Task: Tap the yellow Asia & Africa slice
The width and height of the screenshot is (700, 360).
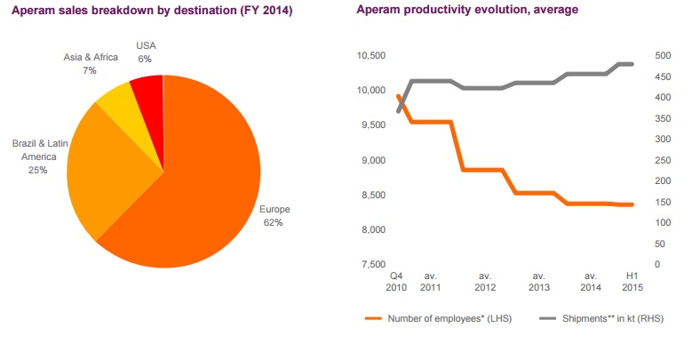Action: pos(115,102)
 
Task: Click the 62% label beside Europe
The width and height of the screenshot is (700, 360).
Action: pos(273,222)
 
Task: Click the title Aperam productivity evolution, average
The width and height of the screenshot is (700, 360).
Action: pos(466,10)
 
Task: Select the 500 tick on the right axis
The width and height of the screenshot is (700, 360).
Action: pos(664,56)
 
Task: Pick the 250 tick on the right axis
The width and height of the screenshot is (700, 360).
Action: pos(664,160)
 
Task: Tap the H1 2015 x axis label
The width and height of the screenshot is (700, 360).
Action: pos(632,282)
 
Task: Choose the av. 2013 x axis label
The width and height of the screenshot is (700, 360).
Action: pos(538,282)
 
